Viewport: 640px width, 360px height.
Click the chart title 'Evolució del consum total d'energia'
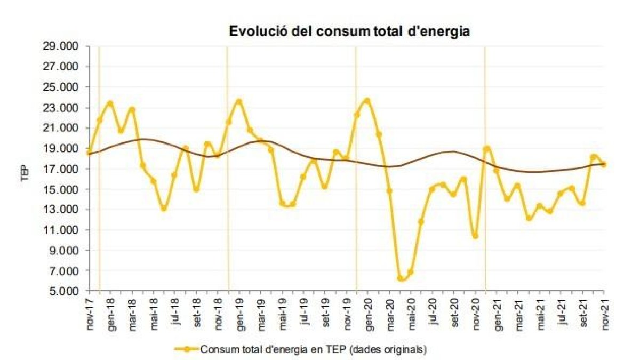pos(349,31)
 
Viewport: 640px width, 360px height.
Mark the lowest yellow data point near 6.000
pos(400,278)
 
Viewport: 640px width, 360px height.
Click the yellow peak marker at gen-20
pos(367,100)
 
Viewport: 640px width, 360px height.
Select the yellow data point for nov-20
pos(475,236)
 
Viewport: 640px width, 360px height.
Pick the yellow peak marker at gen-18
pos(110,103)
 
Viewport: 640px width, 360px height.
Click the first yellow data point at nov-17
pos(89,153)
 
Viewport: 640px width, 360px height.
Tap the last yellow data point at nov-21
pos(604,165)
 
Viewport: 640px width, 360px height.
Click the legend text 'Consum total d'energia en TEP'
pos(313,350)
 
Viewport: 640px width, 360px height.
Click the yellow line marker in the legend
pos(186,350)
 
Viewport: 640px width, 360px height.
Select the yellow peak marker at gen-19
pos(239,101)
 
